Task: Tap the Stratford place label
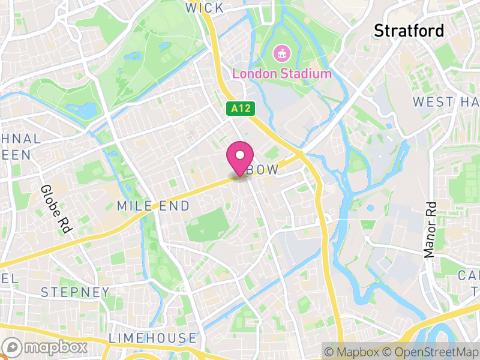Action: (409, 30)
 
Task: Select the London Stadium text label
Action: (281, 74)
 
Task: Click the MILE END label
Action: (153, 206)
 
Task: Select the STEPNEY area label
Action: (76, 293)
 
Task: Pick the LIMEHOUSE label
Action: (152, 338)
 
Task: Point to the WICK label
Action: (204, 8)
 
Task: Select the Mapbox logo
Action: (46, 347)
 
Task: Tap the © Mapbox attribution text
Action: (355, 351)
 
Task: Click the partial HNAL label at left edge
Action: (21, 139)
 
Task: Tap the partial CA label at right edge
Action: (469, 275)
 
